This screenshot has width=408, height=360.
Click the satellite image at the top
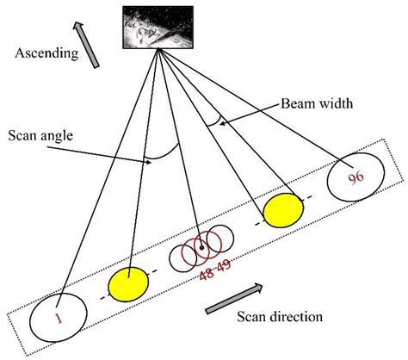click(x=158, y=27)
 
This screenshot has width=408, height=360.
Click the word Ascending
click(x=42, y=53)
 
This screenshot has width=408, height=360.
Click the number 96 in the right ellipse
click(x=356, y=178)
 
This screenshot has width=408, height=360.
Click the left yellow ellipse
click(x=127, y=285)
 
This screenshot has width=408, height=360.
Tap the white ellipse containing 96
click(x=355, y=181)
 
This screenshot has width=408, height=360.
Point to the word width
click(x=331, y=103)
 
